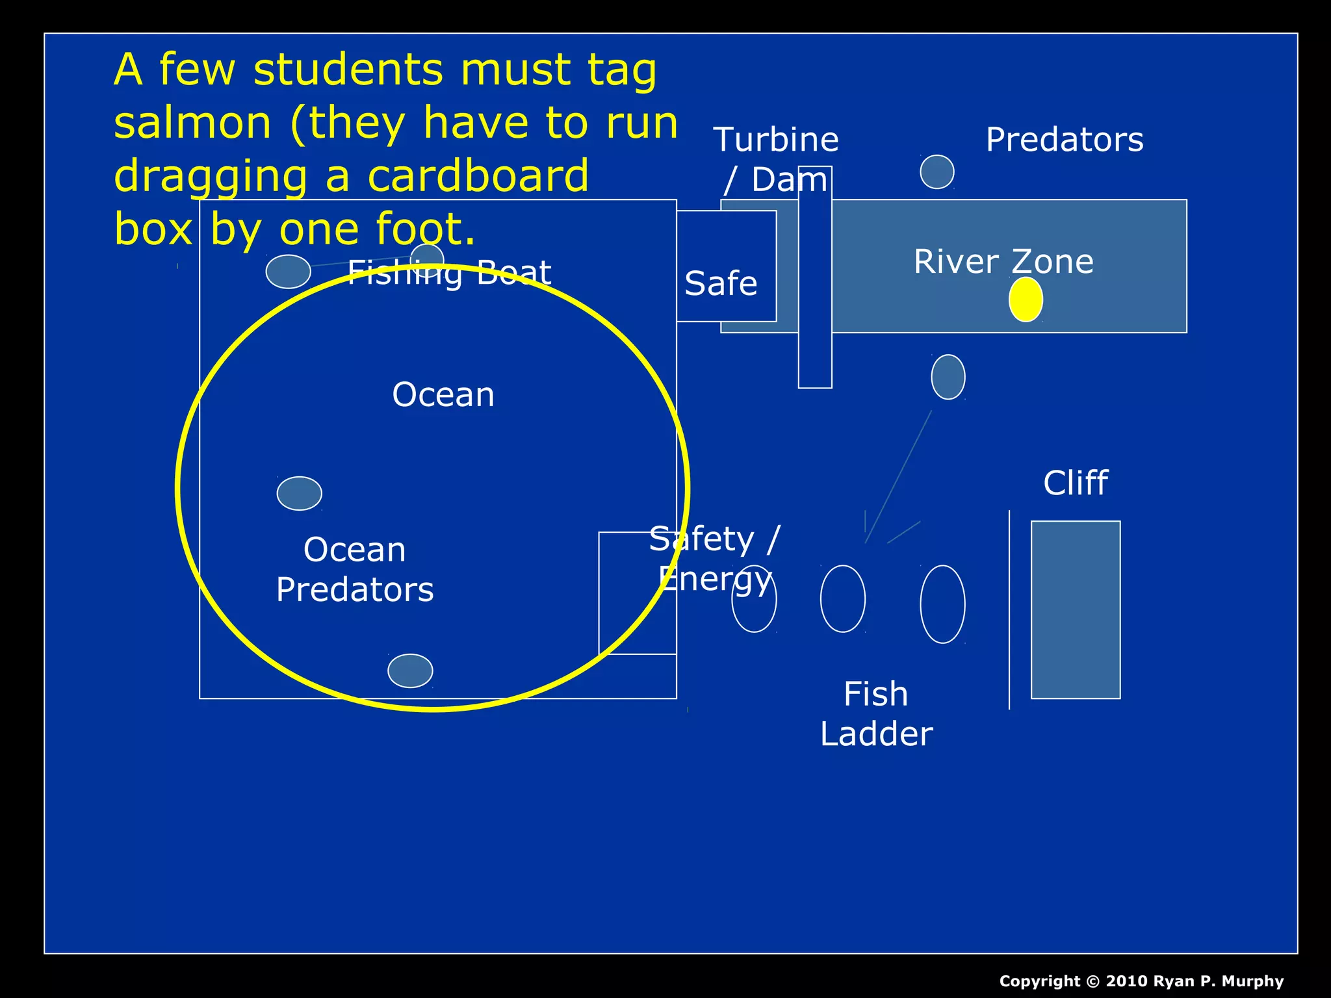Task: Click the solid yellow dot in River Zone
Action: tap(1026, 300)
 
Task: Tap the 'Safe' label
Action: tap(721, 284)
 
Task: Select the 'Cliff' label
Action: tap(1076, 483)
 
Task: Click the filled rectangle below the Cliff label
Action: tap(1076, 609)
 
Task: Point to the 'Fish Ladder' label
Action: tap(876, 713)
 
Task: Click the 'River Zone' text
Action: tap(1003, 261)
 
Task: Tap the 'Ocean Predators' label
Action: tap(355, 570)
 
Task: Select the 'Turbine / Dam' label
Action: tap(776, 159)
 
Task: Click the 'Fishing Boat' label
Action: tap(449, 272)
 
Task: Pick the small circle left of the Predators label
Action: tap(937, 172)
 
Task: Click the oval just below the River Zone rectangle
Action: tap(948, 377)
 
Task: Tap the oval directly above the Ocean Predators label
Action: tap(300, 493)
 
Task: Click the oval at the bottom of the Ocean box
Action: tap(410, 671)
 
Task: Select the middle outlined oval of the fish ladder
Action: tap(843, 598)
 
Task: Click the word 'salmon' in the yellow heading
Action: tap(192, 123)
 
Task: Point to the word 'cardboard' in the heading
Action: tap(478, 176)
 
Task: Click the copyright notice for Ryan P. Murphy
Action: tap(1141, 981)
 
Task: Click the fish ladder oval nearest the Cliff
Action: tap(942, 604)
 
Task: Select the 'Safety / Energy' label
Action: tap(715, 559)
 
